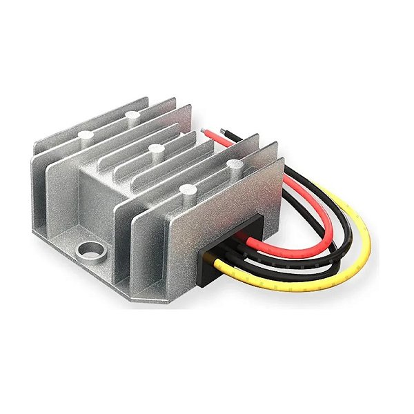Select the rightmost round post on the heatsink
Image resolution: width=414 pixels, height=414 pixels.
click(x=237, y=164)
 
